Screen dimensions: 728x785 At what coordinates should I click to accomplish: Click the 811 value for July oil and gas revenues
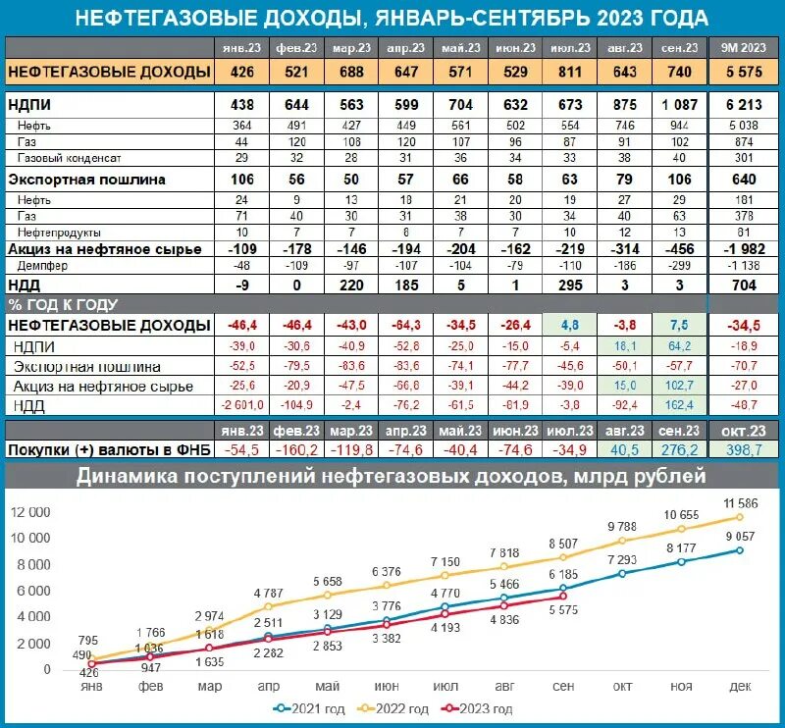(x=569, y=72)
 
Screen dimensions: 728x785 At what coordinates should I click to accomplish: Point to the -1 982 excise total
(x=744, y=249)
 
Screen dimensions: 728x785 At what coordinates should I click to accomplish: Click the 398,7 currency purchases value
(x=744, y=449)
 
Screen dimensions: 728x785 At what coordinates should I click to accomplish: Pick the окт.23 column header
(x=744, y=431)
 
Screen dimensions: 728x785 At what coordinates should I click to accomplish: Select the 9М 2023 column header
(x=744, y=47)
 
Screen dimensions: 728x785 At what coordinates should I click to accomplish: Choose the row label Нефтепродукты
(x=55, y=231)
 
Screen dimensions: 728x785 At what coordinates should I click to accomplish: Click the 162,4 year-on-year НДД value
(x=679, y=403)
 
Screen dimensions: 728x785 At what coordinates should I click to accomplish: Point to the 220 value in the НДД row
(x=350, y=285)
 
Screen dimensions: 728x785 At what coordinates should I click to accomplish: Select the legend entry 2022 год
(x=402, y=709)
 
